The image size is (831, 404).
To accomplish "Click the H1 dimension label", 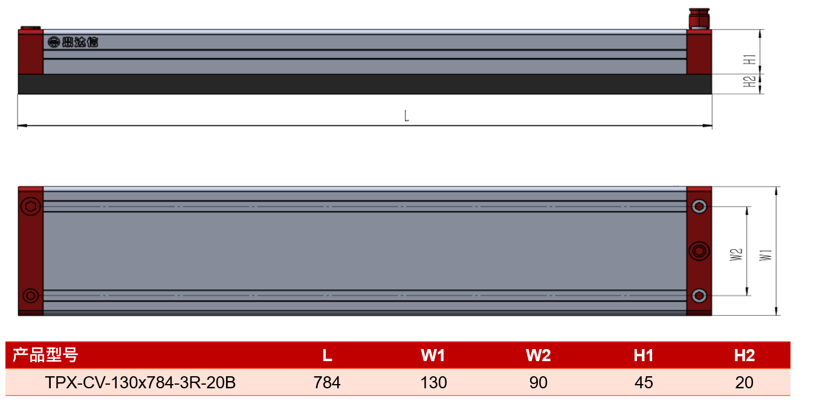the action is pos(749,59).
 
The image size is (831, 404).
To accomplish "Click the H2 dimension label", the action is pos(749,82).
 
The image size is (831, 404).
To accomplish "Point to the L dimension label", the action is pos(407,116).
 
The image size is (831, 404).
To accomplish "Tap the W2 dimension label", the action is pos(736,255).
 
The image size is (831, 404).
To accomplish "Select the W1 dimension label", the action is pos(765,255).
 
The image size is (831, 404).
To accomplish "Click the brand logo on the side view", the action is pos(73,42).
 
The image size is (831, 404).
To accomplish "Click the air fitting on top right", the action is pos(699,19).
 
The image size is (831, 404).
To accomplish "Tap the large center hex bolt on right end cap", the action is pos(699,251).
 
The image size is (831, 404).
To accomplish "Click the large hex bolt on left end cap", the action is pos(31,206).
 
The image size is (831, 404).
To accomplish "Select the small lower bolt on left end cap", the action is pos(30,295).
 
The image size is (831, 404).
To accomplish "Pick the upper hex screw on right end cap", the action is pos(699,206).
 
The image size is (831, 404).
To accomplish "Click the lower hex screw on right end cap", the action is pos(699,295).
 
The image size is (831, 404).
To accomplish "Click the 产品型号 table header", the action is pos(45,354).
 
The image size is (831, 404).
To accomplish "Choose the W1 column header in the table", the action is pos(433,356).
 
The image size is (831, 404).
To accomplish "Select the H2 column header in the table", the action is pos(744,356).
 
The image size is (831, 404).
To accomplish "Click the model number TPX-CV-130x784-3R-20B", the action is pos(140,382).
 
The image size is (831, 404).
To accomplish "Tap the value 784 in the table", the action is pos(327,382).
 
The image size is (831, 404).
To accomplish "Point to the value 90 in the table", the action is pos(538,382).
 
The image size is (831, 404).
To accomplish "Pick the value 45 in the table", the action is pos(644,382).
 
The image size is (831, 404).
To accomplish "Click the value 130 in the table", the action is pos(433,382).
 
